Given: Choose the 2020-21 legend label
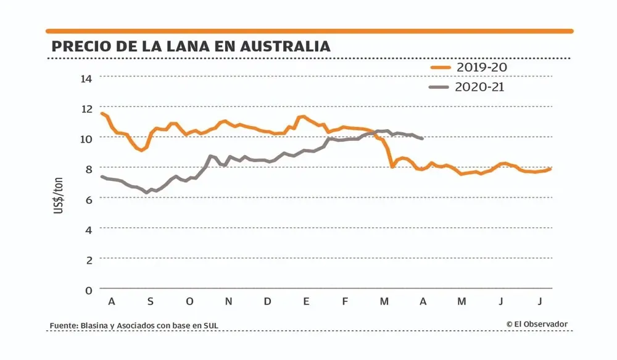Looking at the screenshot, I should (479, 87).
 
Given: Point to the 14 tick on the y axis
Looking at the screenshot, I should (86, 78).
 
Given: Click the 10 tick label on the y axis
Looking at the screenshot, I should (86, 138).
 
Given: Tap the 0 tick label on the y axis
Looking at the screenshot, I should (88, 289).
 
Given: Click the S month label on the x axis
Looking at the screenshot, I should (150, 301).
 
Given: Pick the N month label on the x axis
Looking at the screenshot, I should (228, 301).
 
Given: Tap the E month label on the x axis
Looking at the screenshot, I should (306, 301).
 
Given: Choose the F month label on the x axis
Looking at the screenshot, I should (345, 301).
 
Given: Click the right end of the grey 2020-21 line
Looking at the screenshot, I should (422, 138).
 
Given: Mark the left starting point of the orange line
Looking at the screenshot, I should (101, 114).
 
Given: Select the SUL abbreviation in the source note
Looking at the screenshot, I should (211, 325).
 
